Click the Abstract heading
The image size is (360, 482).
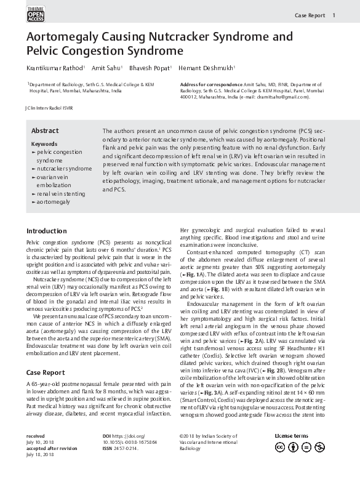pos(45,131)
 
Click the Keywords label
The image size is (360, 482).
pos(44,144)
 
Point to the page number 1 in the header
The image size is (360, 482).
pos(334,15)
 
